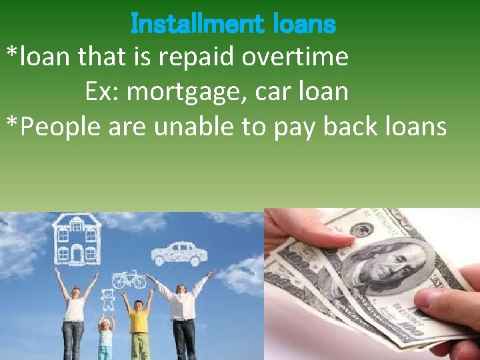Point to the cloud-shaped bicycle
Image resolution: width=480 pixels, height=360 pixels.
(x=129, y=279)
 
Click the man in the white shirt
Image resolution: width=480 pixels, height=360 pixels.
(x=182, y=313)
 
